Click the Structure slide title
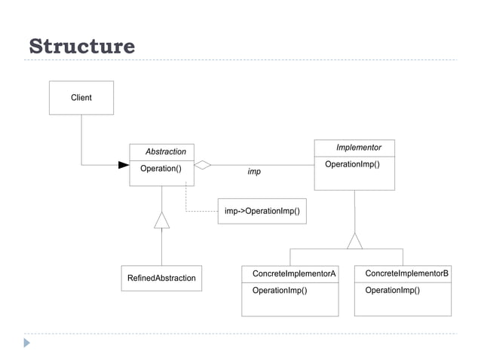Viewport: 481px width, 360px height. [x=81, y=47]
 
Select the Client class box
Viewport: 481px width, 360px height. [x=81, y=98]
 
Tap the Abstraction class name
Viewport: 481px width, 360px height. [x=166, y=151]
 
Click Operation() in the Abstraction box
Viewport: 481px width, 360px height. [x=161, y=169]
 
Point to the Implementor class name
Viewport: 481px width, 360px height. [x=358, y=148]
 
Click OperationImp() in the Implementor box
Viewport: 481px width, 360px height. [x=352, y=164]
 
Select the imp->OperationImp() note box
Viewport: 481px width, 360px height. [x=262, y=211]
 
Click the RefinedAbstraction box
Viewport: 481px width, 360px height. [x=161, y=278]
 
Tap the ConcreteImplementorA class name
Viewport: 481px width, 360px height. [x=294, y=273]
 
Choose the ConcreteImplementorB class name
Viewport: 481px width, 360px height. [x=406, y=273]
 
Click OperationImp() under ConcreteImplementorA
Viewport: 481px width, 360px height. [x=280, y=290]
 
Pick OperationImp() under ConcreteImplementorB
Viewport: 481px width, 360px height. [x=392, y=290]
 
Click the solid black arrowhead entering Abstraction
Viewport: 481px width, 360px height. [x=124, y=165]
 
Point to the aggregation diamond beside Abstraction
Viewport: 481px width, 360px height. [x=203, y=165]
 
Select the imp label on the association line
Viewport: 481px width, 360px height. [x=254, y=172]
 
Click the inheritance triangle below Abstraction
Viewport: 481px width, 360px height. [x=162, y=220]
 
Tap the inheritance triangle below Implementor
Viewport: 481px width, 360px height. [x=354, y=241]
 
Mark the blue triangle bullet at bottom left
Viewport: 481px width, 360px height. [x=27, y=343]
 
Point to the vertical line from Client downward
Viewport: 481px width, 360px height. [x=81, y=139]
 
